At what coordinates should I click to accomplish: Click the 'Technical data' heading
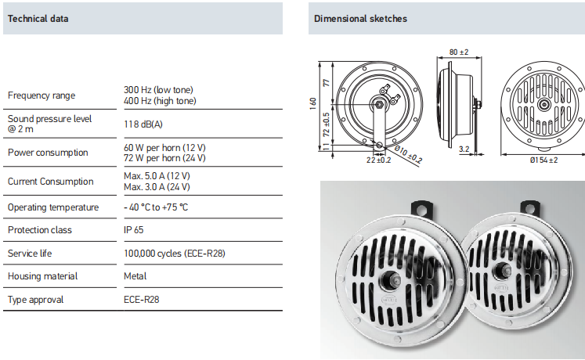point(38,19)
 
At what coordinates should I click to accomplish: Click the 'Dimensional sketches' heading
point(360,19)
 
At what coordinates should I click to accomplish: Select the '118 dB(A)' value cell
point(143,124)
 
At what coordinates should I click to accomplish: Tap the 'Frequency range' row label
point(42,95)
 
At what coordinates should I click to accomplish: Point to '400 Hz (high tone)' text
point(160,101)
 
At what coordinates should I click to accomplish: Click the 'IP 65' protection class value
point(134,230)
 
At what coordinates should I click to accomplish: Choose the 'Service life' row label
point(30,254)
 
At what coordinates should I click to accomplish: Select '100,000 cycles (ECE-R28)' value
point(175,254)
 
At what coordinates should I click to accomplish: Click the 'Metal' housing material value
point(135,276)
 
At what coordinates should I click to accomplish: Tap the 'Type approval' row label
point(35,300)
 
